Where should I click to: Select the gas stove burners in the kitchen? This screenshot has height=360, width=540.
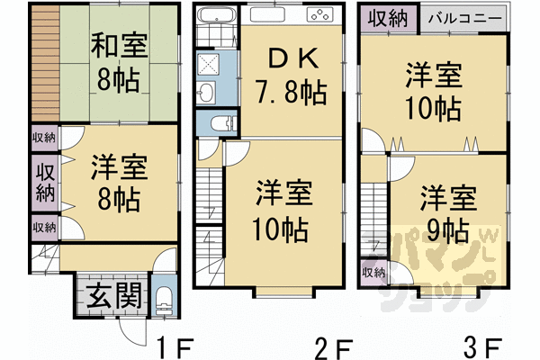(x=319, y=15)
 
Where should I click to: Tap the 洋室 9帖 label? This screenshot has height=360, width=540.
(x=447, y=211)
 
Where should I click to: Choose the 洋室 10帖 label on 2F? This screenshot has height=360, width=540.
(x=283, y=206)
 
